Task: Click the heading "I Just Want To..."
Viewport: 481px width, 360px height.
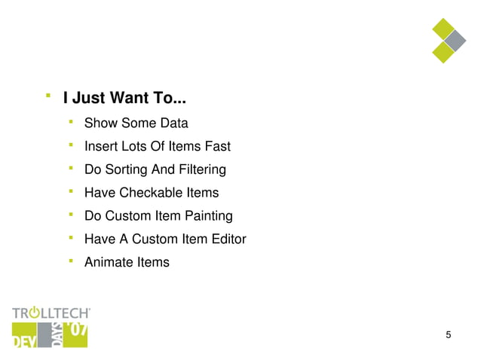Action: click(124, 98)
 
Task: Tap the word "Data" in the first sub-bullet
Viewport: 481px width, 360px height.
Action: click(173, 124)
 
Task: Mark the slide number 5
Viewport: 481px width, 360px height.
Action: click(449, 335)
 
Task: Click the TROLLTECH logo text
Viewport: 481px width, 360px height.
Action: click(51, 312)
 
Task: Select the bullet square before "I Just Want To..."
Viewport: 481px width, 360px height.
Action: click(47, 96)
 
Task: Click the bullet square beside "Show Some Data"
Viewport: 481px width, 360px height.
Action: click(70, 121)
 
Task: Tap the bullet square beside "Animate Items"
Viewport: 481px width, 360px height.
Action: click(70, 260)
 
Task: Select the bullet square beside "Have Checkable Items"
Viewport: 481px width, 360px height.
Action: click(70, 191)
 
